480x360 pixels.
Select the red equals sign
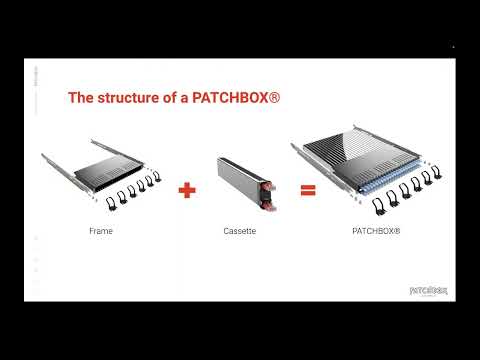pyautogui.click(x=308, y=188)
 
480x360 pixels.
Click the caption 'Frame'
pyautogui.click(x=100, y=231)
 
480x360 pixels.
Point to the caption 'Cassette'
pyautogui.click(x=240, y=231)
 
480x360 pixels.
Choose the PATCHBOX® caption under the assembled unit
pyautogui.click(x=376, y=231)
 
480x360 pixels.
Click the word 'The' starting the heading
pyautogui.click(x=80, y=99)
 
